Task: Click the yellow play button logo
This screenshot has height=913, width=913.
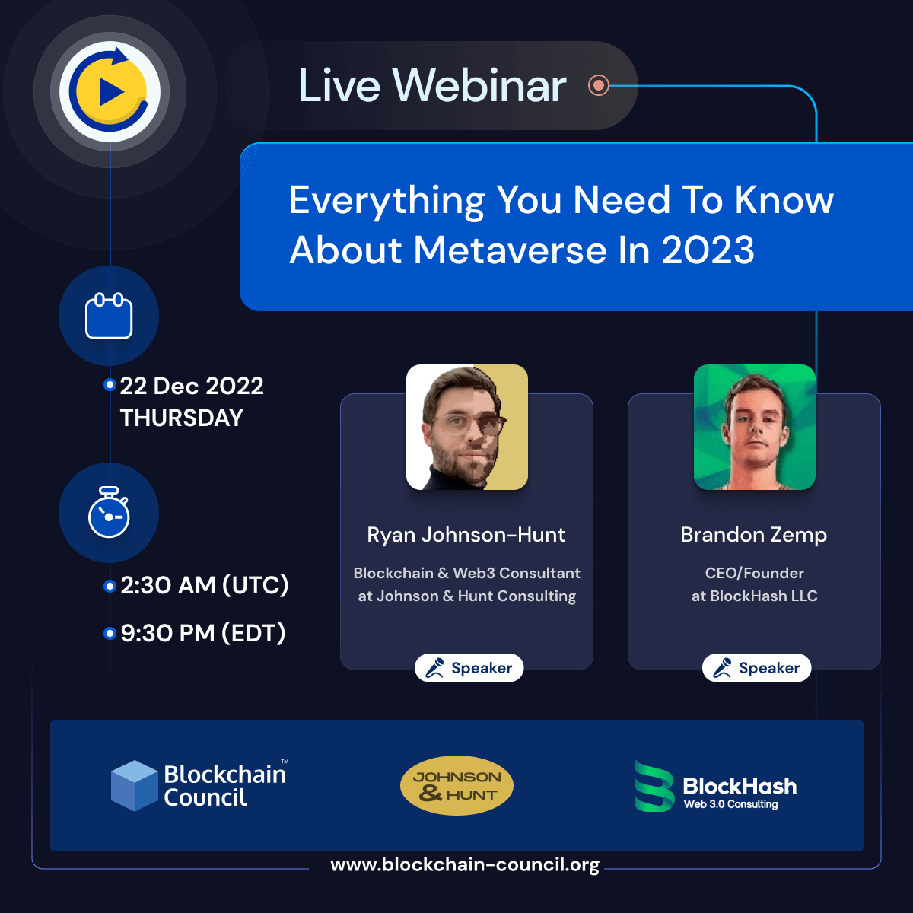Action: (x=110, y=91)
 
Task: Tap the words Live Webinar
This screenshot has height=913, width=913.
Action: (x=432, y=85)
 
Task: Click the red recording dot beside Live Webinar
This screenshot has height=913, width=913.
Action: (x=599, y=85)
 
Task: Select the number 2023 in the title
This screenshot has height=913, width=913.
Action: (x=708, y=250)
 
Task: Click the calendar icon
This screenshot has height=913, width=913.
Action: (x=109, y=316)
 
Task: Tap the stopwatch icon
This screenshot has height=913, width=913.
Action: (x=109, y=514)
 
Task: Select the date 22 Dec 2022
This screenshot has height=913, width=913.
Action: (x=192, y=387)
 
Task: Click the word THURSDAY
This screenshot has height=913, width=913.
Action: (x=182, y=418)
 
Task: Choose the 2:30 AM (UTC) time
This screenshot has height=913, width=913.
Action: (x=205, y=585)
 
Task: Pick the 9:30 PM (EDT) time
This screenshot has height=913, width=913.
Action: (x=203, y=633)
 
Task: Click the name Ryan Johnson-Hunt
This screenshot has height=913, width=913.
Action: (x=466, y=535)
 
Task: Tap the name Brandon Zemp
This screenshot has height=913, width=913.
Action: (x=753, y=535)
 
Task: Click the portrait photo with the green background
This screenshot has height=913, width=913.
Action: (x=755, y=427)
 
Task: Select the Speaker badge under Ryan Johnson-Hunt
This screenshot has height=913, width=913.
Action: (x=469, y=668)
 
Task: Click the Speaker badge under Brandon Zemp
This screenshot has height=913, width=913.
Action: (x=756, y=668)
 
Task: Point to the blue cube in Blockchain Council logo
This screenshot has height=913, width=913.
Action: (x=134, y=785)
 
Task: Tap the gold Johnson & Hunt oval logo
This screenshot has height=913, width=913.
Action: (x=456, y=785)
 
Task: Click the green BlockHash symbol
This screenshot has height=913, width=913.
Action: (x=654, y=786)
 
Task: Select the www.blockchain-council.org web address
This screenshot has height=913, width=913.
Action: (x=465, y=865)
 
